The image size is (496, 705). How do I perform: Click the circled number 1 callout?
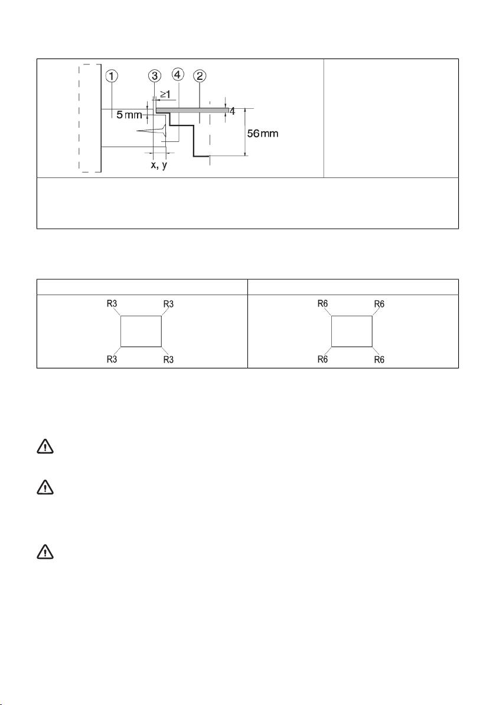click(112, 76)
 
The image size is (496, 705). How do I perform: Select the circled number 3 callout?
click(155, 76)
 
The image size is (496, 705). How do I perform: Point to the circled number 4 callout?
click(178, 74)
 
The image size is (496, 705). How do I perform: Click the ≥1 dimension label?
click(165, 95)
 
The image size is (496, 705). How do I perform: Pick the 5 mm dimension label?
click(129, 115)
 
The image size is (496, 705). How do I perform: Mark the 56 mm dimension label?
click(263, 134)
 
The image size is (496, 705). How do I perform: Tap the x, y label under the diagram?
click(159, 165)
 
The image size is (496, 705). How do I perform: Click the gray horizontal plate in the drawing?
click(192, 109)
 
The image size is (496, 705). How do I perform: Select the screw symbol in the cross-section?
click(152, 131)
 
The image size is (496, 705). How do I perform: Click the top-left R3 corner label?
click(112, 303)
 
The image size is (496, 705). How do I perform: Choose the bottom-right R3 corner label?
click(168, 360)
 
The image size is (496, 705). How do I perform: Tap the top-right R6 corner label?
click(379, 304)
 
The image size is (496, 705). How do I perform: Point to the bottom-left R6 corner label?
click(323, 359)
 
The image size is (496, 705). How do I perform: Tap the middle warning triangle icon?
click(45, 488)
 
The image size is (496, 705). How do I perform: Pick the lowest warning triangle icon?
click(45, 552)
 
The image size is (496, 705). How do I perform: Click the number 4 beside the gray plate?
click(233, 111)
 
